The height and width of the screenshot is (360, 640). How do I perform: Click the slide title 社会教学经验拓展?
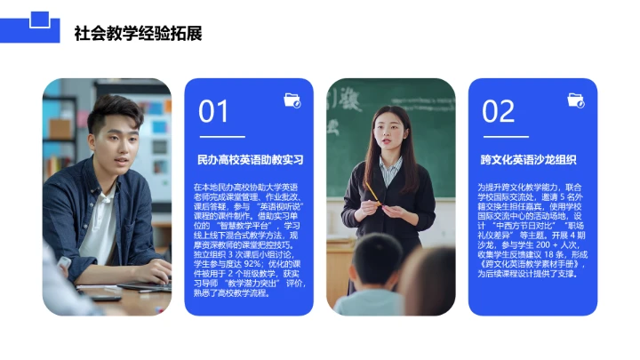[138, 34]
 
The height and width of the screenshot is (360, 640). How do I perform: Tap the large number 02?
[498, 112]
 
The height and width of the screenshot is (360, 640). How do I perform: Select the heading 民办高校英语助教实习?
[250, 161]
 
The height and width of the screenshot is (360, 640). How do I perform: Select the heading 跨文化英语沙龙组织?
[528, 161]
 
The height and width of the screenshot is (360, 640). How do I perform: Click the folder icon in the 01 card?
[292, 100]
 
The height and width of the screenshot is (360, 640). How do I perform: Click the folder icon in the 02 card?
[575, 100]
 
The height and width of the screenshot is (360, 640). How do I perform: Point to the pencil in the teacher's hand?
[372, 190]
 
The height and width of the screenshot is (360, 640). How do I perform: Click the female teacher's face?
[388, 132]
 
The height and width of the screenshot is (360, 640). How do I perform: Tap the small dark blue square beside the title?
[38, 19]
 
